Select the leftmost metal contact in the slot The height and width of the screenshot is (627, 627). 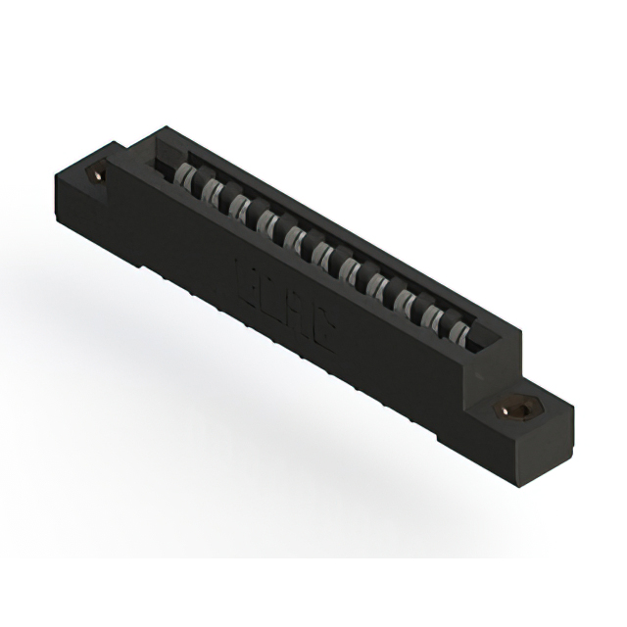pyautogui.click(x=187, y=178)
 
